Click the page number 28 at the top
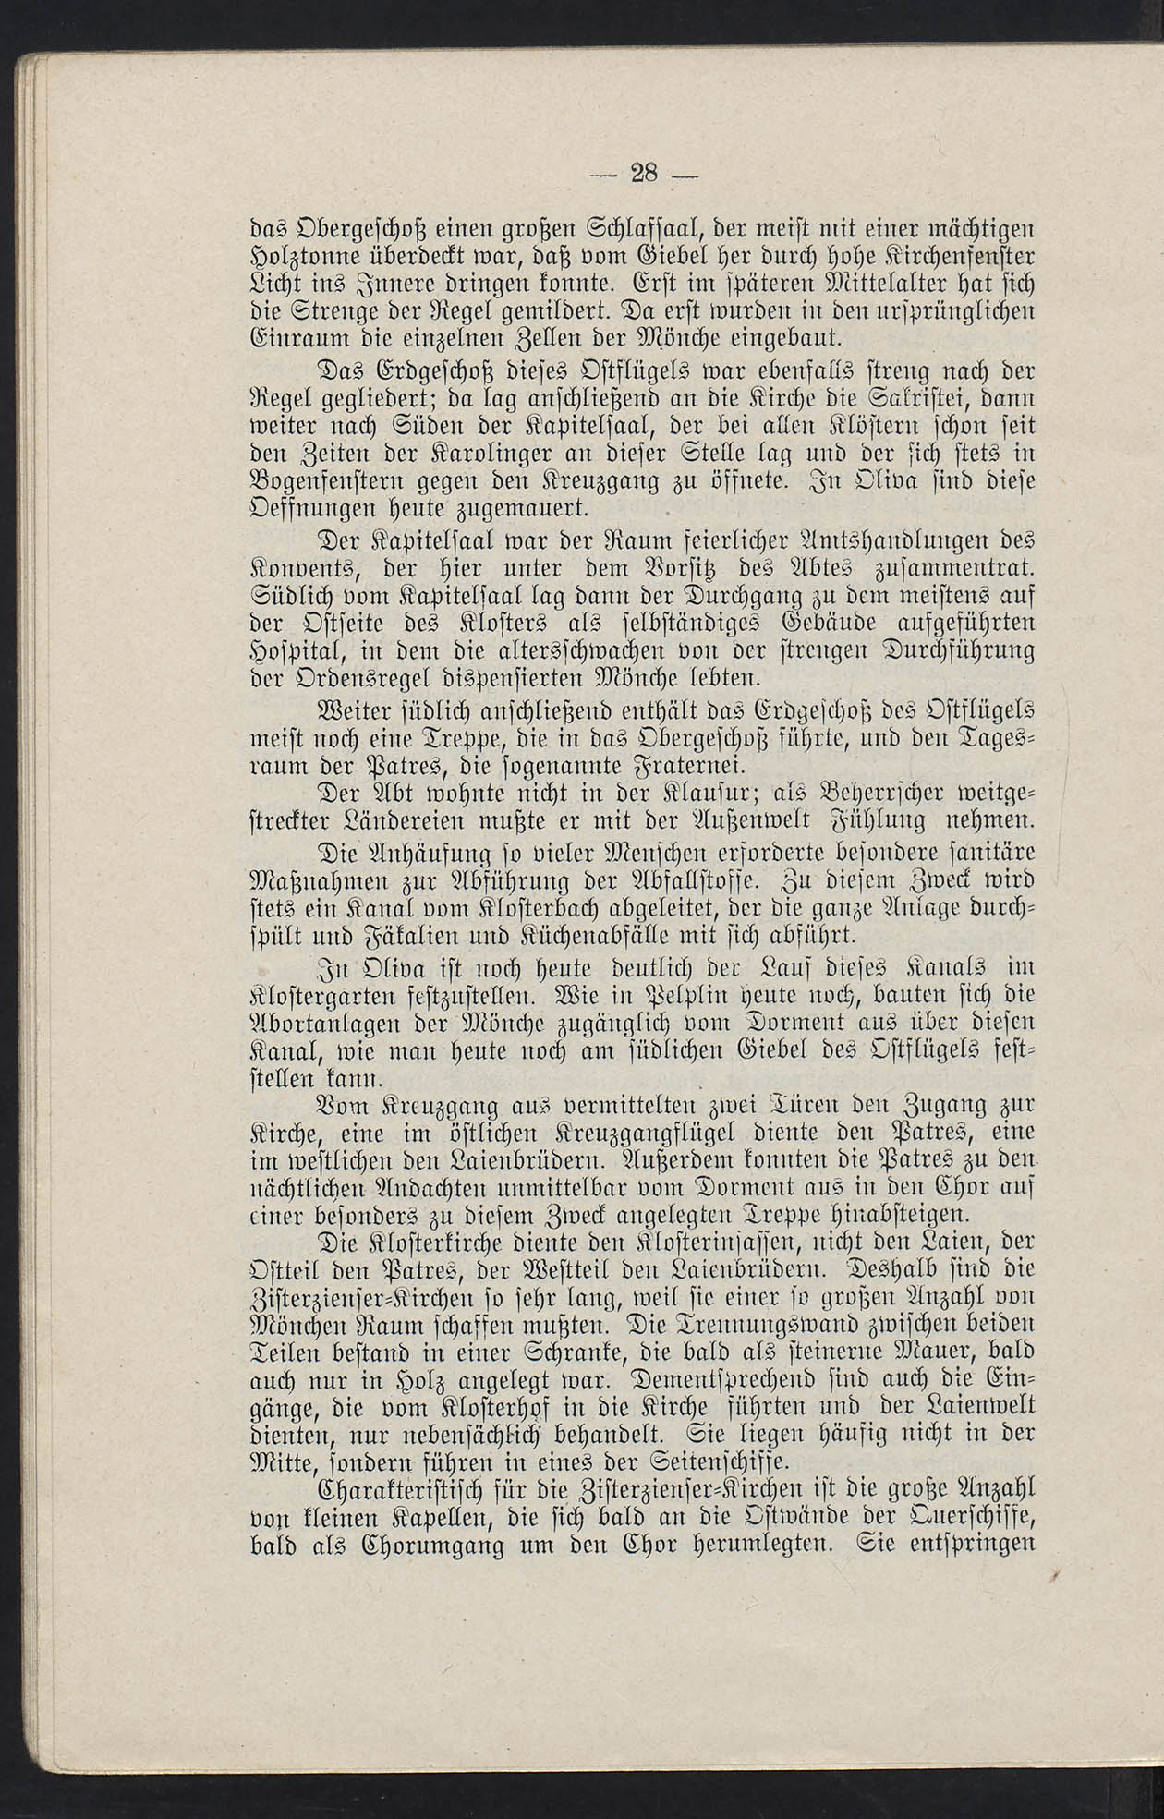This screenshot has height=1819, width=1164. pyautogui.click(x=641, y=172)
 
